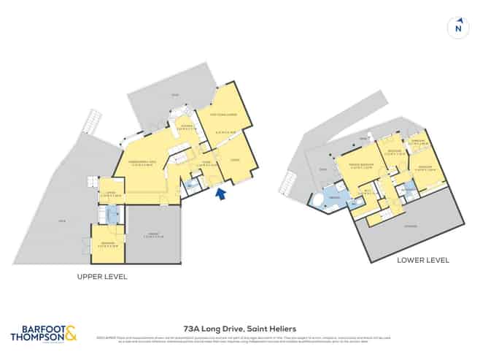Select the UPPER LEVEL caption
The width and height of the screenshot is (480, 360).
click(102, 277)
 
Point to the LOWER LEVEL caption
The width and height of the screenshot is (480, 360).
click(422, 260)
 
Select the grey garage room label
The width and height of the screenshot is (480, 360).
click(152, 235)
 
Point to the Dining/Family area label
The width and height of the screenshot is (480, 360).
click(139, 162)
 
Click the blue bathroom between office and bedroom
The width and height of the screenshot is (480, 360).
click(112, 215)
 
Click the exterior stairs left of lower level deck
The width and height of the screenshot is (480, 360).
click(293, 180)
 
